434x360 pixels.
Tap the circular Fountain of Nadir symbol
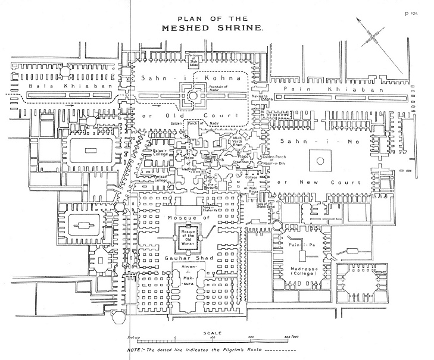click(193, 95)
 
